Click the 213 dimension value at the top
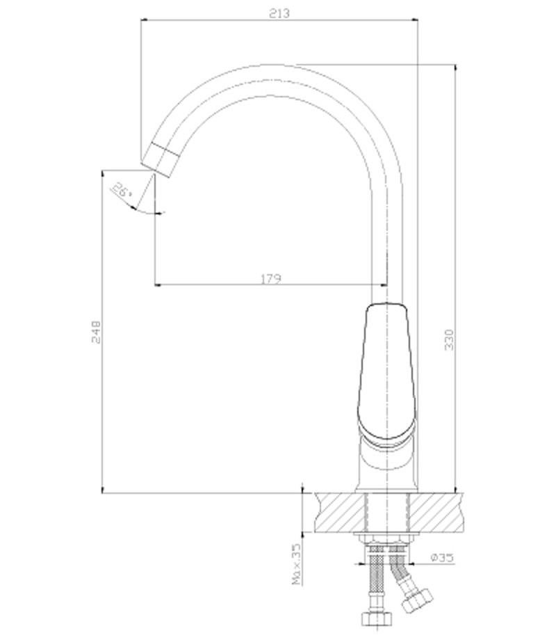pos(279,13)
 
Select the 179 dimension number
pos(271,279)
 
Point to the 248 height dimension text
pos(97,332)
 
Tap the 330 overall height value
pos(449,339)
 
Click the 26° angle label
pos(122,190)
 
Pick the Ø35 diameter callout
pos(442,557)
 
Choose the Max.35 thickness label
pos(297,563)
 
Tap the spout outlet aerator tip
pos(160,159)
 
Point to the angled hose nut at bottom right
pos(416,599)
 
